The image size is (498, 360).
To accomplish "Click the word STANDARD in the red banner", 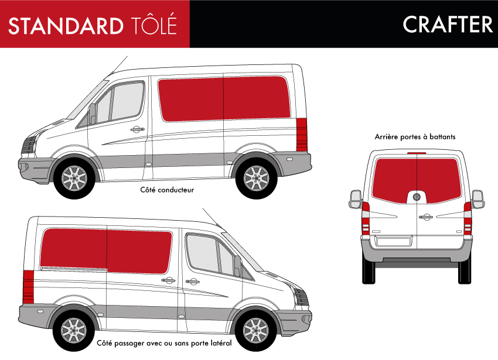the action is click(x=66, y=26).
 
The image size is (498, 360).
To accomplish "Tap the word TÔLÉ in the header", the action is click(x=154, y=23).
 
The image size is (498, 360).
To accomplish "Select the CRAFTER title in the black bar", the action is click(x=448, y=25).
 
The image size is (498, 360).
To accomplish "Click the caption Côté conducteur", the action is click(x=167, y=190).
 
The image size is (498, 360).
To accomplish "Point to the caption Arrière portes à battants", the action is click(x=415, y=137).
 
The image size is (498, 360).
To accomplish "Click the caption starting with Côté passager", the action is click(x=164, y=343).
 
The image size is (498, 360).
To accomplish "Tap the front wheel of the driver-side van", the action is click(x=74, y=178).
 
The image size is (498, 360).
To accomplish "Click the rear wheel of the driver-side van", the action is click(x=256, y=178).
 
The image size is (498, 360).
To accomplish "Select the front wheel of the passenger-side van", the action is click(x=255, y=331).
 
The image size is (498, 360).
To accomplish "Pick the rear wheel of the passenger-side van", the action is click(x=73, y=331).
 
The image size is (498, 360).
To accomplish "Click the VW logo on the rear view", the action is click(x=417, y=197).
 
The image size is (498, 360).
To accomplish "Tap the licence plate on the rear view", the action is click(x=394, y=241).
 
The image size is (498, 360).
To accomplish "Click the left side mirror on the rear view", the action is click(x=356, y=200).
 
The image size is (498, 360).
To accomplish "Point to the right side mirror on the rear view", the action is click(x=477, y=200).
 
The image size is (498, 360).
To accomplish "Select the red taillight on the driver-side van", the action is click(x=301, y=135).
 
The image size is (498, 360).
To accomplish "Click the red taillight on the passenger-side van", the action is click(x=28, y=287).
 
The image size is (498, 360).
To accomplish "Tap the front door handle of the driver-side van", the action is click(x=137, y=129).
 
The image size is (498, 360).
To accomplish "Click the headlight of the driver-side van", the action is click(x=29, y=144).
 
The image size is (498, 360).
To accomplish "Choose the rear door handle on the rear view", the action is click(x=425, y=217).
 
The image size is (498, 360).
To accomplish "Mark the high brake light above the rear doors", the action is click(x=417, y=153).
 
